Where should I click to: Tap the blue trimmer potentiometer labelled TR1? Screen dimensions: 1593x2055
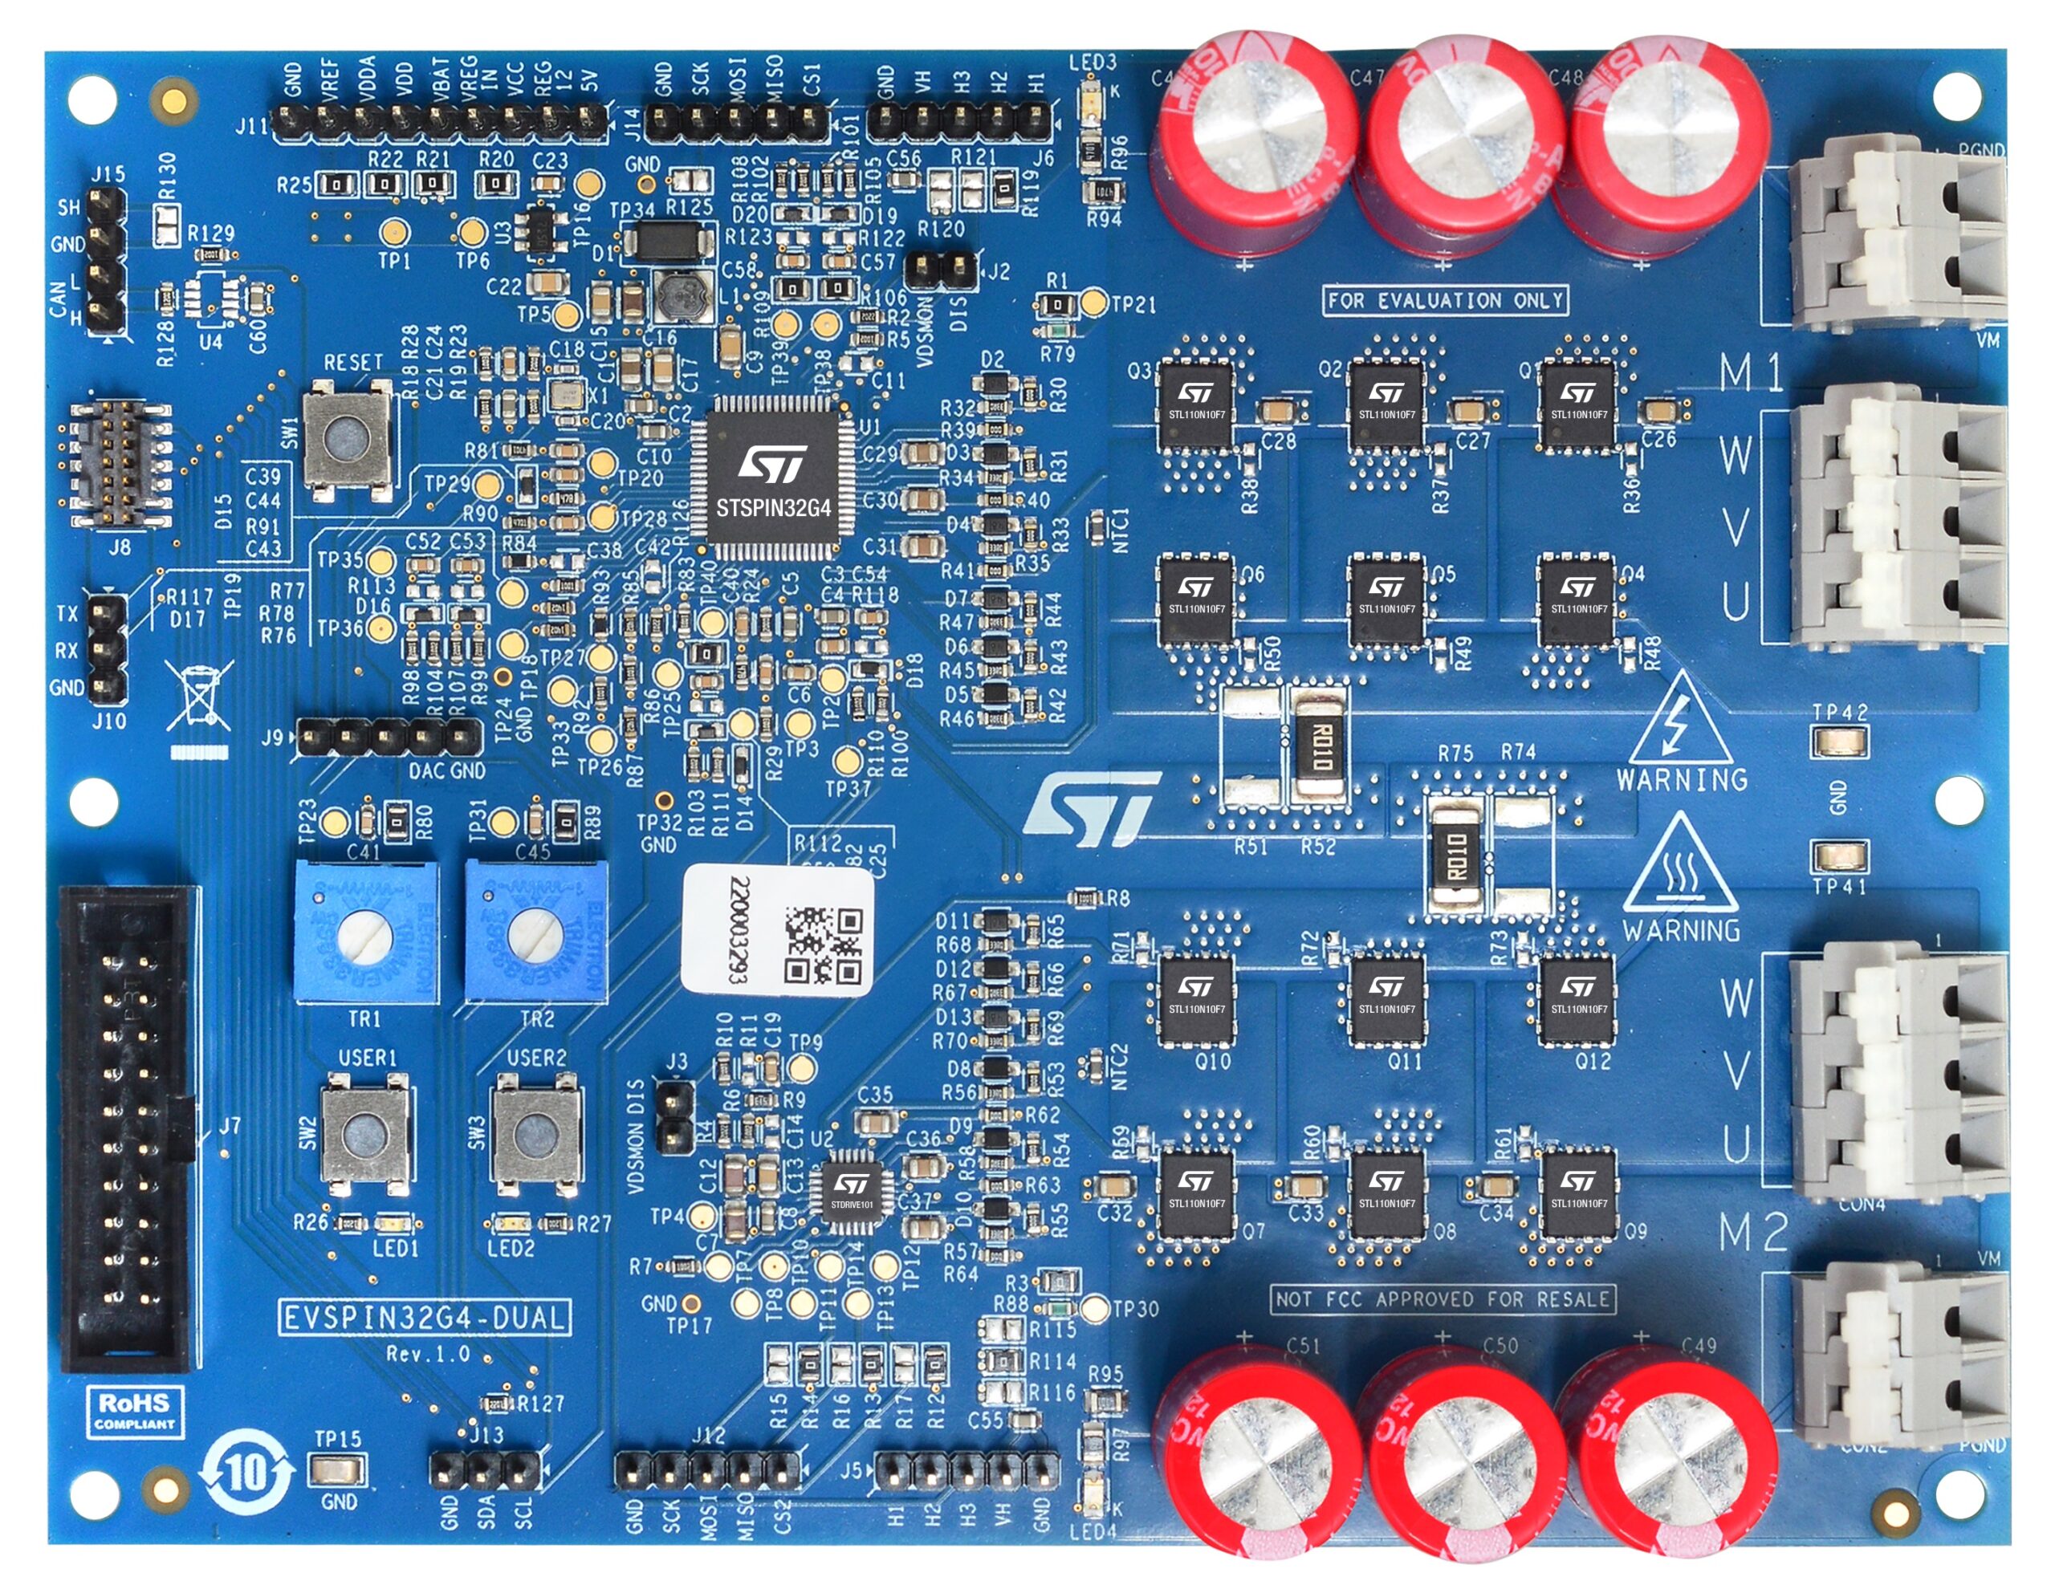[364, 932]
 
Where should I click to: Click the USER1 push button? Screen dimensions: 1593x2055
[365, 1135]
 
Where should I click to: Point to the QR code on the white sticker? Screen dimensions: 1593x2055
[822, 945]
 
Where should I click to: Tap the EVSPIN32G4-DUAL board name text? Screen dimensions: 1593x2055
[425, 1317]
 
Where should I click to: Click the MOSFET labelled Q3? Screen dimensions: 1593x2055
[1196, 404]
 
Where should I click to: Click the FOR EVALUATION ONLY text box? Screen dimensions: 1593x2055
[1444, 301]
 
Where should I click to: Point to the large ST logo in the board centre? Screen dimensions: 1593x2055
[1092, 808]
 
